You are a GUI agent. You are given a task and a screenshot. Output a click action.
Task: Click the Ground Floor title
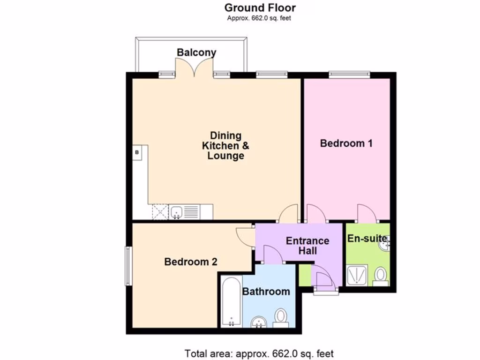tap(260, 7)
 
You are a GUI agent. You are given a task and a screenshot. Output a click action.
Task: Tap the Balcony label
tap(196, 52)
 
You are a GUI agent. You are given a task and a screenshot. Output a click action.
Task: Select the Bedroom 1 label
tap(346, 143)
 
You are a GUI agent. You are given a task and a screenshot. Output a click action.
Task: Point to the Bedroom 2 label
tap(191, 262)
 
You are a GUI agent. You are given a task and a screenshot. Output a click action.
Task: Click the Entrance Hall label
tap(307, 246)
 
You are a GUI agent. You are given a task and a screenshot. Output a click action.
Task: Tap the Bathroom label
tap(266, 292)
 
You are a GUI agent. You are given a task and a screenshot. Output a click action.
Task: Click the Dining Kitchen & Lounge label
tap(225, 146)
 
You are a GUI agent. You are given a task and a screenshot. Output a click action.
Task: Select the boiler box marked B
tap(137, 152)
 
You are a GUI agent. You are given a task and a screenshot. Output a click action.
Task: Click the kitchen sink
tap(177, 212)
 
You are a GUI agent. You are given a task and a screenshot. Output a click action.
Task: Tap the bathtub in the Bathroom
tap(231, 302)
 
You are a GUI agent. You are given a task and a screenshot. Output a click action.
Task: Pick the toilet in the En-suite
tap(381, 276)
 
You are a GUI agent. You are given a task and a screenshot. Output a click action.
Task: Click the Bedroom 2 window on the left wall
tap(127, 266)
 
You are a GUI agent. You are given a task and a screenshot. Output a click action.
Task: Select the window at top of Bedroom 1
tap(349, 74)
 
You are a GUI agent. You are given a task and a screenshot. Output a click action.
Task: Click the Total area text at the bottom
tap(259, 353)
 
